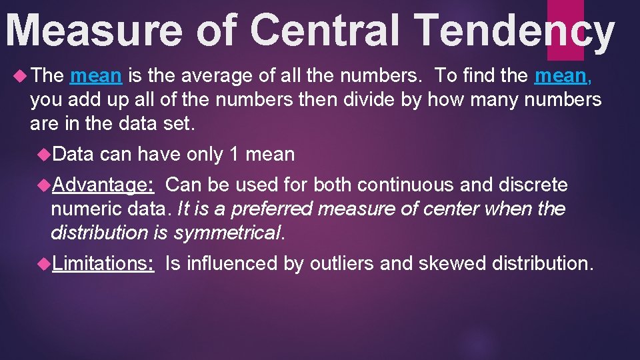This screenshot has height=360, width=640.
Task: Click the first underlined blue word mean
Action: click(96, 76)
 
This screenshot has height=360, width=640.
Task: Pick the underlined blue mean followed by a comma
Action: click(559, 76)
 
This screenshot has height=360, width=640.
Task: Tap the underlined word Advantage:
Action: click(104, 185)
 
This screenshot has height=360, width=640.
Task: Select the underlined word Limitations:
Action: click(104, 263)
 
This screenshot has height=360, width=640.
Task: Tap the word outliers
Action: click(341, 263)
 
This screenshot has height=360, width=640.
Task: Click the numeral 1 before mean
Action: click(233, 155)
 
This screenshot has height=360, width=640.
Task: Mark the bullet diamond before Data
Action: click(45, 155)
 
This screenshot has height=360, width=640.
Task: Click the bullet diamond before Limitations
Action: click(45, 263)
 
